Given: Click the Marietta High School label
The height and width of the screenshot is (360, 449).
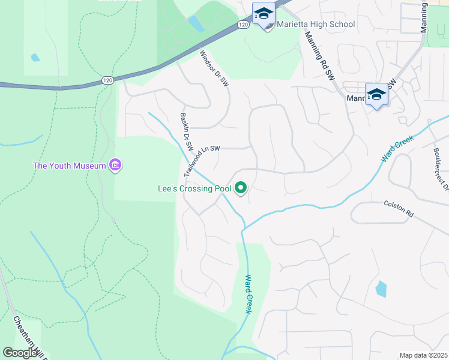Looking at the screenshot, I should pyautogui.click(x=316, y=25).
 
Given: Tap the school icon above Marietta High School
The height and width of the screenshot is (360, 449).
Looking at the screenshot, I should pyautogui.click(x=264, y=13).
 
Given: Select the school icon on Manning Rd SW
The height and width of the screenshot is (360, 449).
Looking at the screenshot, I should pyautogui.click(x=376, y=95).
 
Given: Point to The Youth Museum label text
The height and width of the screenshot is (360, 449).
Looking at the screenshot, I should pyautogui.click(x=69, y=166).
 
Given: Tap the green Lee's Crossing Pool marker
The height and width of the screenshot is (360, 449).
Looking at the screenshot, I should pyautogui.click(x=241, y=188).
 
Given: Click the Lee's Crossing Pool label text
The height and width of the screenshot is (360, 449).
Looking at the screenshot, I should pyautogui.click(x=194, y=188).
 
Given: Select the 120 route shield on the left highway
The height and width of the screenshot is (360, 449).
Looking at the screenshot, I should pyautogui.click(x=107, y=80).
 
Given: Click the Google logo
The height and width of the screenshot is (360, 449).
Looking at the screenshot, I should pyautogui.click(x=20, y=353).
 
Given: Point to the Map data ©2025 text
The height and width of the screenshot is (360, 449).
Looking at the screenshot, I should pyautogui.click(x=424, y=355).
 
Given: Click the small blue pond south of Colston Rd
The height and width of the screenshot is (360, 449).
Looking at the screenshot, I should pyautogui.click(x=381, y=289).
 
